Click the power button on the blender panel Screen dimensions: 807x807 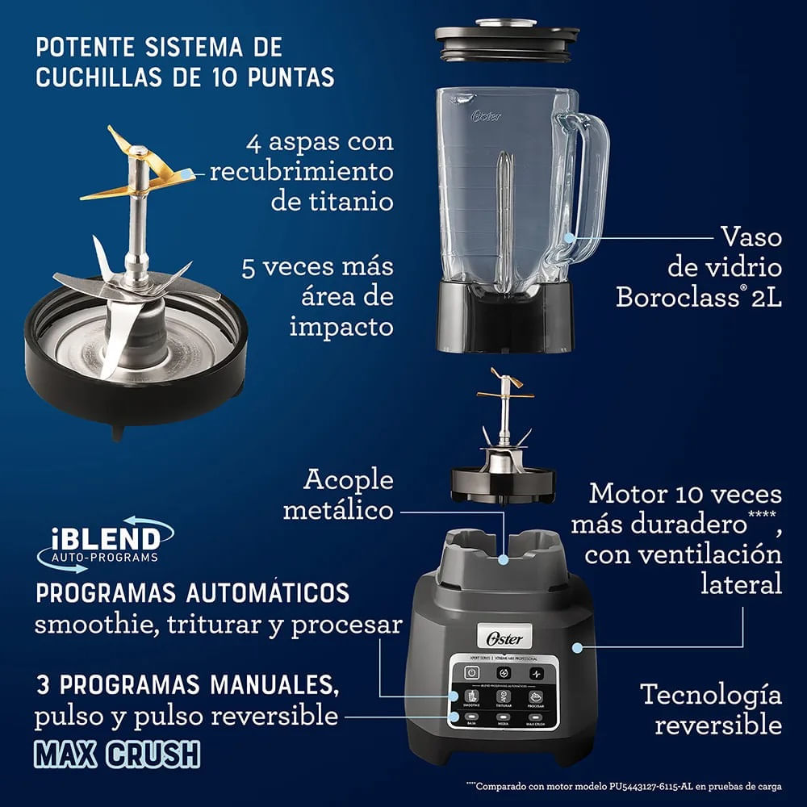(471, 672)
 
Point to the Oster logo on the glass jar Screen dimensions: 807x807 (487, 115)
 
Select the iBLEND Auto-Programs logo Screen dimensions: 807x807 (105, 541)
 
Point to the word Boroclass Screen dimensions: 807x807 (677, 297)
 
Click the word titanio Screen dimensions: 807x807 (332, 201)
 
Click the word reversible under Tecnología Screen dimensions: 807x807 (718, 724)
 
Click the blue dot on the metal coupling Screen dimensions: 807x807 (504, 558)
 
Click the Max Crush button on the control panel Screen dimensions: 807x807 (537, 720)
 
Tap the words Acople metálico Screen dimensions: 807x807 (349, 494)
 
